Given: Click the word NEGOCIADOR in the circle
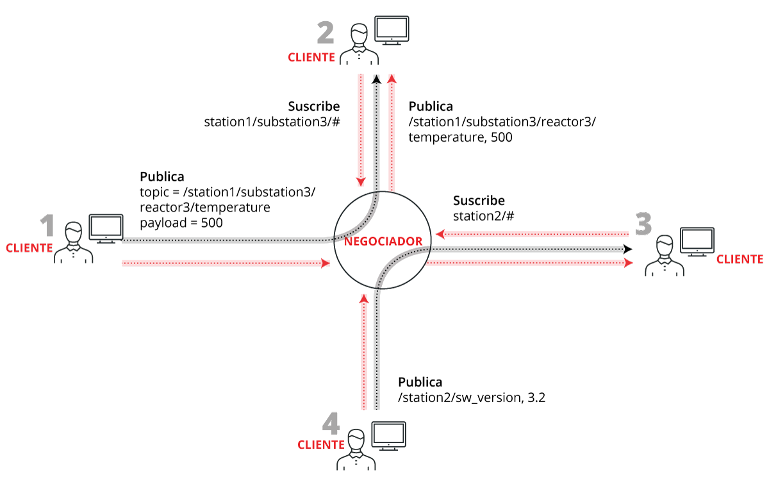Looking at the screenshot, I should pos(383,241).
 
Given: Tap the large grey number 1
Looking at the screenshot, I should pos(47,228).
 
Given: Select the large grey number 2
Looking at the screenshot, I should pos(326,32).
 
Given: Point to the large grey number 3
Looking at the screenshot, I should pos(643,224).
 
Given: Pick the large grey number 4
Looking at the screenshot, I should pos(330,425).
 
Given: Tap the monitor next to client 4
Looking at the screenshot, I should pos(389,436).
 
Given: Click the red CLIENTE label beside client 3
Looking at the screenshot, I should pos(740,260).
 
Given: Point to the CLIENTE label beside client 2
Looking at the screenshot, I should pos(311,58).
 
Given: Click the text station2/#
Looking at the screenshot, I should pos(484,216).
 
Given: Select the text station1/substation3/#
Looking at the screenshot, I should pos(271,121).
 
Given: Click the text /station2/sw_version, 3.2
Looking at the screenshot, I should pos(471,398).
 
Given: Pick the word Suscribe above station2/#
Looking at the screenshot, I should pos(479,201).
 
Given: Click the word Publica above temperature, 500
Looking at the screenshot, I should pos(431,106).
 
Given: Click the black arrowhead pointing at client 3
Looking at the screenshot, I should pos(628,249).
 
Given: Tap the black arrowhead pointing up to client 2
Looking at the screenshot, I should pos(376,79).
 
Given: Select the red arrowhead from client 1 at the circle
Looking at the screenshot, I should pos(325,262).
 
